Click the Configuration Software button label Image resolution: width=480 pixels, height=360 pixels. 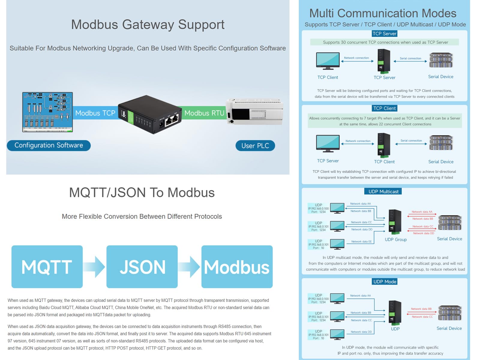click(49, 145)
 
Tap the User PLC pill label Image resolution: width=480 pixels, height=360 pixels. click(255, 146)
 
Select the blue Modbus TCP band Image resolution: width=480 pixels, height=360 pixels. click(95, 113)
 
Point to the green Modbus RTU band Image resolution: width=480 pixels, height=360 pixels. click(204, 113)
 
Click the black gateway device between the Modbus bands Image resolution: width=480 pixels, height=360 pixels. click(150, 115)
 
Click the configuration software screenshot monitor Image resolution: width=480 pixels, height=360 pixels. click(47, 112)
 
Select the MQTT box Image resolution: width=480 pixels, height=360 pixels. click(47, 267)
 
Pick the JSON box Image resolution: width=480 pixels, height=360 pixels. click(142, 267)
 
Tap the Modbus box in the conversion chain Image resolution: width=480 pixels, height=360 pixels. click(237, 267)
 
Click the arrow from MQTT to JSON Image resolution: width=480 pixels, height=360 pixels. click(95, 267)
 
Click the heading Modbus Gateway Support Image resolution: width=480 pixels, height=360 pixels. click(148, 25)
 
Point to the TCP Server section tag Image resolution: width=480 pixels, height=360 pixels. click(384, 34)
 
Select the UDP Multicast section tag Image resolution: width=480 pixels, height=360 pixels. click(383, 191)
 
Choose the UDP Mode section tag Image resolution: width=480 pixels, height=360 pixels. click(385, 281)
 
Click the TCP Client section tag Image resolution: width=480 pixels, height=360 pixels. click(384, 108)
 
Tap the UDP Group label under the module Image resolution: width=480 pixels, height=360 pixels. click(396, 239)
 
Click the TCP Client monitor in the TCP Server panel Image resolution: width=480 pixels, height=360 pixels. click(328, 61)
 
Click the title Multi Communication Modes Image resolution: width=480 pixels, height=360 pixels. click(382, 13)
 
